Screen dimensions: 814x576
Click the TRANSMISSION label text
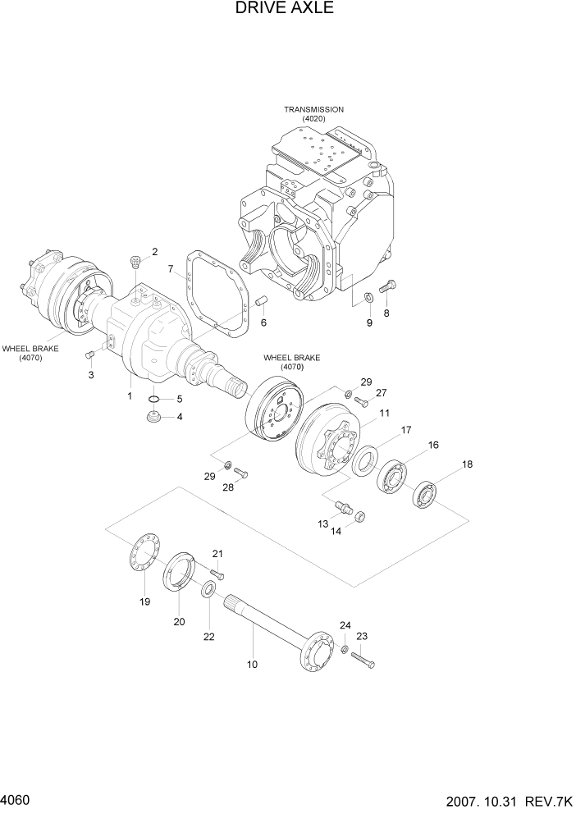click(313, 109)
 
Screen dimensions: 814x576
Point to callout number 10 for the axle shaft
click(252, 664)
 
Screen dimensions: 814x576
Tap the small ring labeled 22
click(209, 588)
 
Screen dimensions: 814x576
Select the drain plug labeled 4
click(152, 418)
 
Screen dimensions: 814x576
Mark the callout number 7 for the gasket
click(171, 268)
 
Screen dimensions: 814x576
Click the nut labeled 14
click(359, 516)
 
